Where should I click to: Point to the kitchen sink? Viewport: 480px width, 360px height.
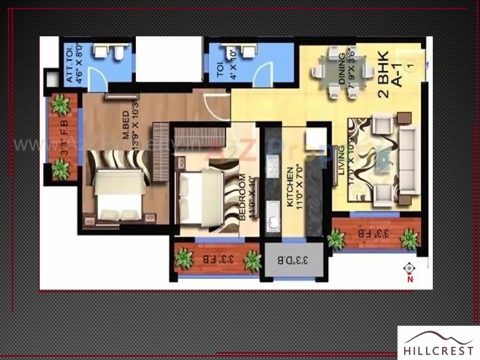(x=273, y=216)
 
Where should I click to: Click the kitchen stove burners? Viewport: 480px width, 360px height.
(x=273, y=166)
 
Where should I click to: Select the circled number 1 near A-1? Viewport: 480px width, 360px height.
(x=411, y=66)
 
